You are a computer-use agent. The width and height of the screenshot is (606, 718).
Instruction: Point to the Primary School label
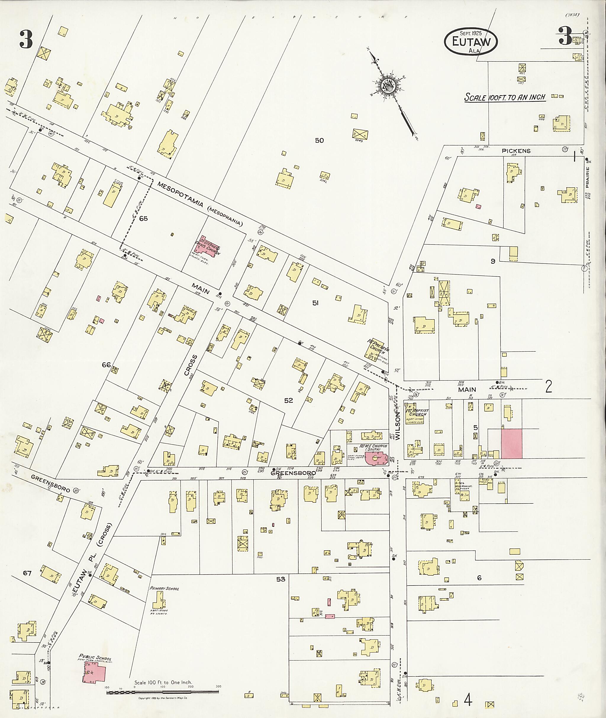(164, 588)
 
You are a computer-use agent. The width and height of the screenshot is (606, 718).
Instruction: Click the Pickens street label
(516, 151)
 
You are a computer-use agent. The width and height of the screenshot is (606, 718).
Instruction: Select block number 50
(319, 140)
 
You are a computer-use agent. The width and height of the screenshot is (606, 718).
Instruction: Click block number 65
(143, 219)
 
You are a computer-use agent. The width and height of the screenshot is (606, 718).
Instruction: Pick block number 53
(281, 579)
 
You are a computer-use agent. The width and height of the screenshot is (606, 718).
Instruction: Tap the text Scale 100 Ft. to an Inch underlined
(505, 97)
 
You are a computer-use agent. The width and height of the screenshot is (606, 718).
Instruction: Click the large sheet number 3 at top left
(26, 40)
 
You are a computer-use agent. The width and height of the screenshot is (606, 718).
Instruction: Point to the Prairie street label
(587, 177)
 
